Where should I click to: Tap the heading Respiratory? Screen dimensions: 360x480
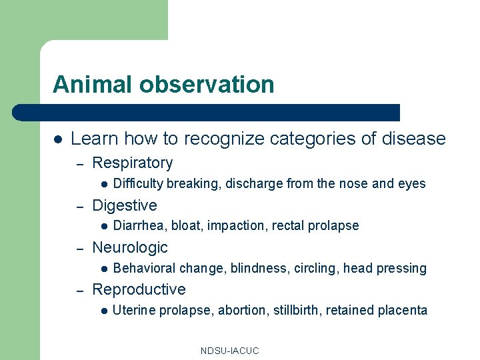(132, 163)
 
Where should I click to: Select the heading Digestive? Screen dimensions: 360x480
(125, 205)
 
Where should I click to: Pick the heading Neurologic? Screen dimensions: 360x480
(130, 247)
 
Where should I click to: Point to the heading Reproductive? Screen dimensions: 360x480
(139, 289)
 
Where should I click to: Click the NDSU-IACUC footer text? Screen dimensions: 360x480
(229, 351)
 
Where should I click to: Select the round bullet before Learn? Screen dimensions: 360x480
(58, 139)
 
